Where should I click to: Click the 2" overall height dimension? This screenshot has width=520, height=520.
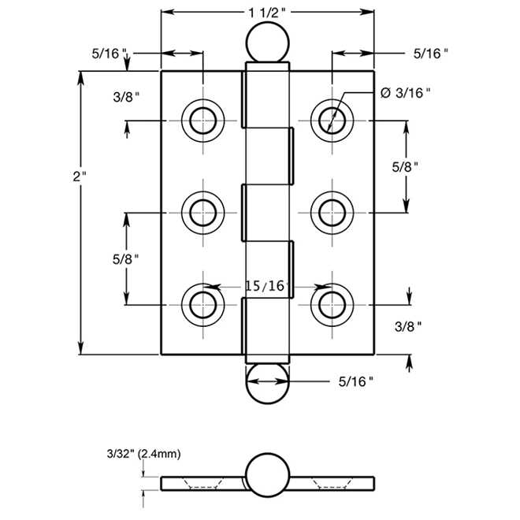point(69,179)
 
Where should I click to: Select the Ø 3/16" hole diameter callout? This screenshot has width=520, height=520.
point(407,92)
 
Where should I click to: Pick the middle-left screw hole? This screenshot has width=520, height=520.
point(202,211)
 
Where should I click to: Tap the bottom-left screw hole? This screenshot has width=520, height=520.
point(202,303)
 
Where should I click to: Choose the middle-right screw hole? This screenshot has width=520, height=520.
point(332,211)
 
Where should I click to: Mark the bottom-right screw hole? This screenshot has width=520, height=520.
point(332,303)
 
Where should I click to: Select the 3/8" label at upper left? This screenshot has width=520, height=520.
point(126,97)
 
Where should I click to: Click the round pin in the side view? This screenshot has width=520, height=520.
point(266,476)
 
